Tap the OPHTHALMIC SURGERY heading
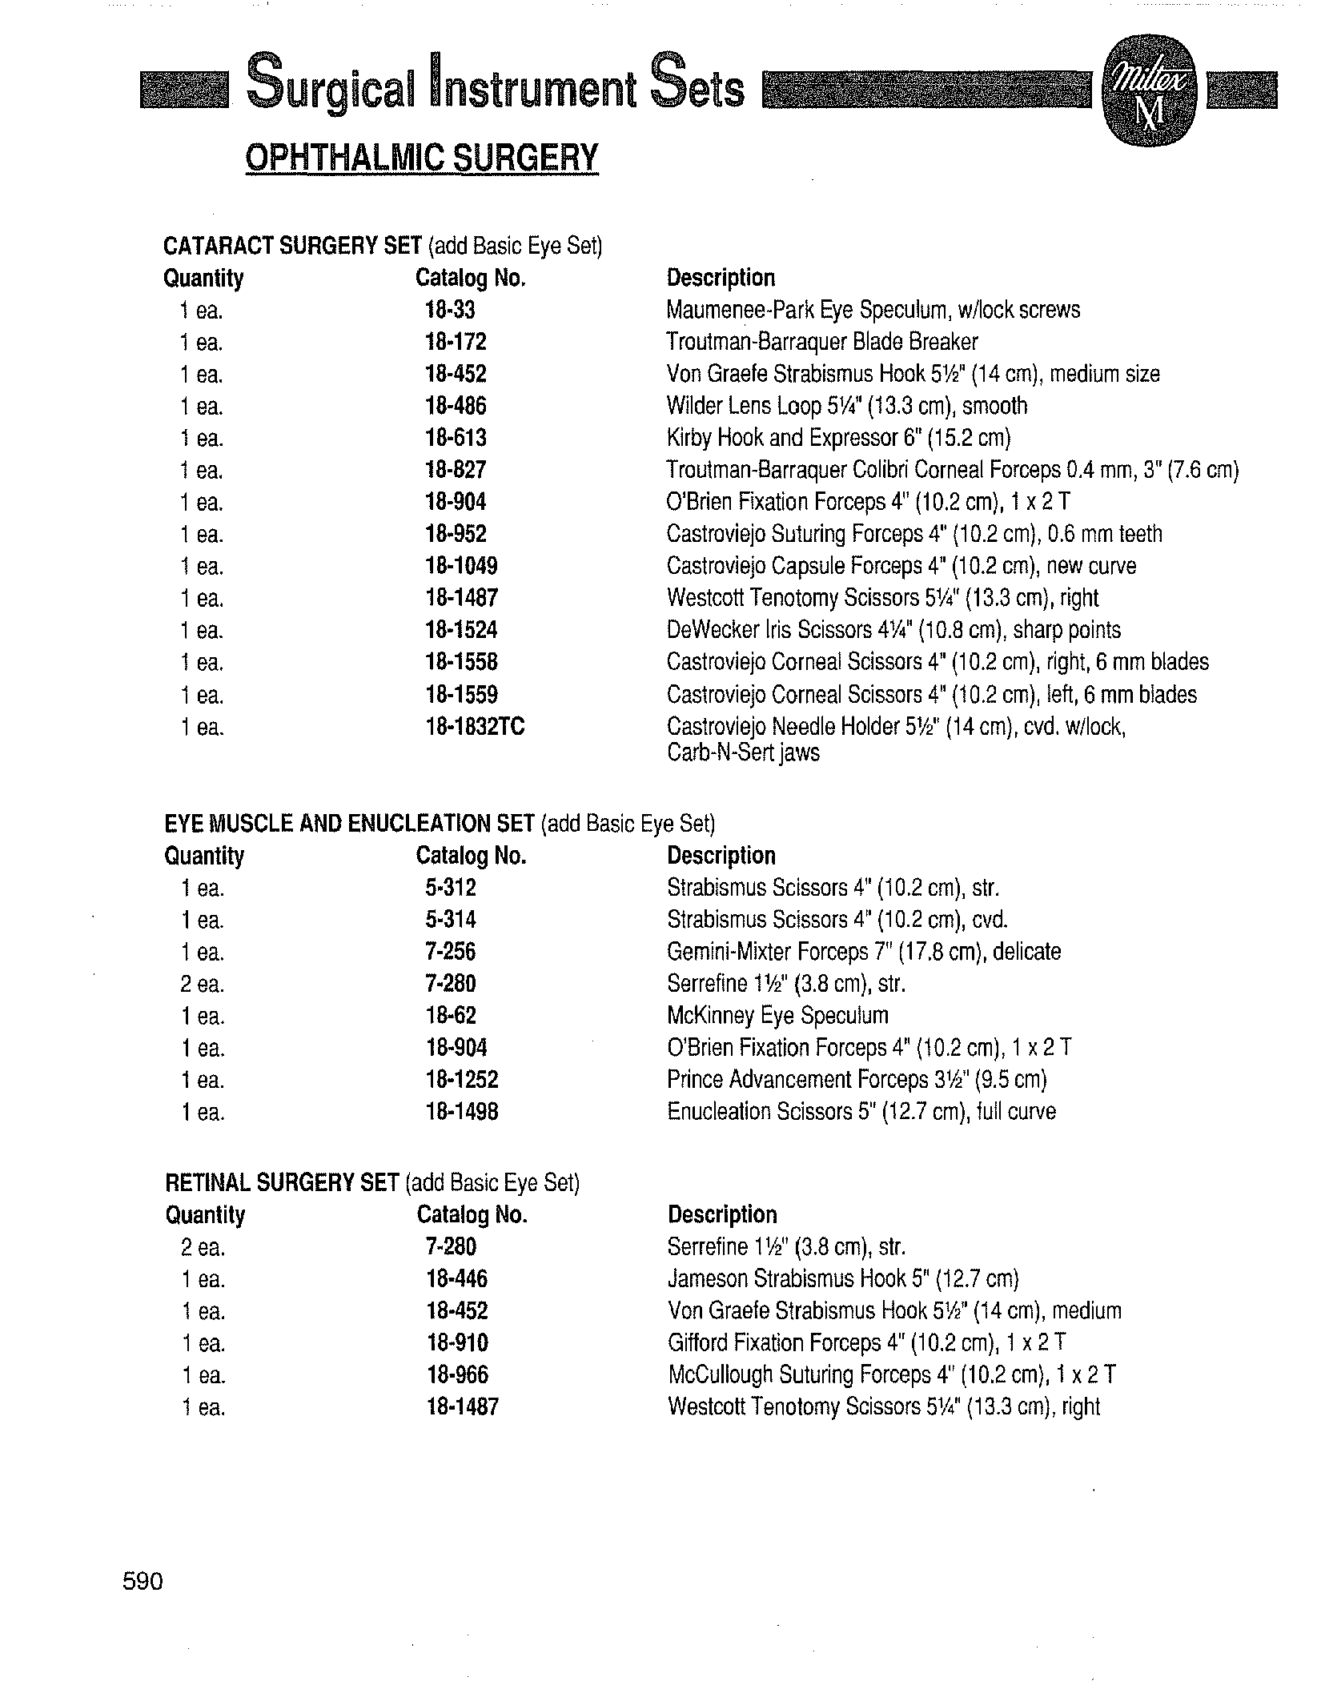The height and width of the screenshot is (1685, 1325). pos(421,158)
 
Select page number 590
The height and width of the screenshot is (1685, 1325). pos(143,1581)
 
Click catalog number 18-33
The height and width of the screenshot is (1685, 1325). pos(450,311)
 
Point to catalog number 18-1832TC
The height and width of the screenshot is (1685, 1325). pos(475,727)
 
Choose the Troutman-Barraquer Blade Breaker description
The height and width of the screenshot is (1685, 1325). pos(822,343)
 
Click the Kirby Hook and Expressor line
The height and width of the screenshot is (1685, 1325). pos(838,439)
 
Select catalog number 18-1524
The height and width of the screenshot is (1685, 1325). pos(461,631)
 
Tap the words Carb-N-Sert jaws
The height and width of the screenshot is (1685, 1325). pos(743,753)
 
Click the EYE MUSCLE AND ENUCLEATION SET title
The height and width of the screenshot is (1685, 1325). pos(349,824)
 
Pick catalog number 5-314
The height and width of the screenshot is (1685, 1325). pos(451,920)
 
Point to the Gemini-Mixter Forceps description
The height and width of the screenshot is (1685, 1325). pos(863,952)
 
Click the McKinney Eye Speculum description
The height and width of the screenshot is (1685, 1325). pos(777,1016)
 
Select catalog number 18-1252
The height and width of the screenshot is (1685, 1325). pos(462,1080)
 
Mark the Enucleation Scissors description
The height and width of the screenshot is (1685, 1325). pos(861,1112)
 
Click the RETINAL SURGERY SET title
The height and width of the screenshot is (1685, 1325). pos(282,1182)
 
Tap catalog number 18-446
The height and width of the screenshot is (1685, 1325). pos(456,1279)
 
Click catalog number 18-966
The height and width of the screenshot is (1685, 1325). pos(456,1375)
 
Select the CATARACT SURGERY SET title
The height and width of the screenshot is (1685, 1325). pos(292,246)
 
